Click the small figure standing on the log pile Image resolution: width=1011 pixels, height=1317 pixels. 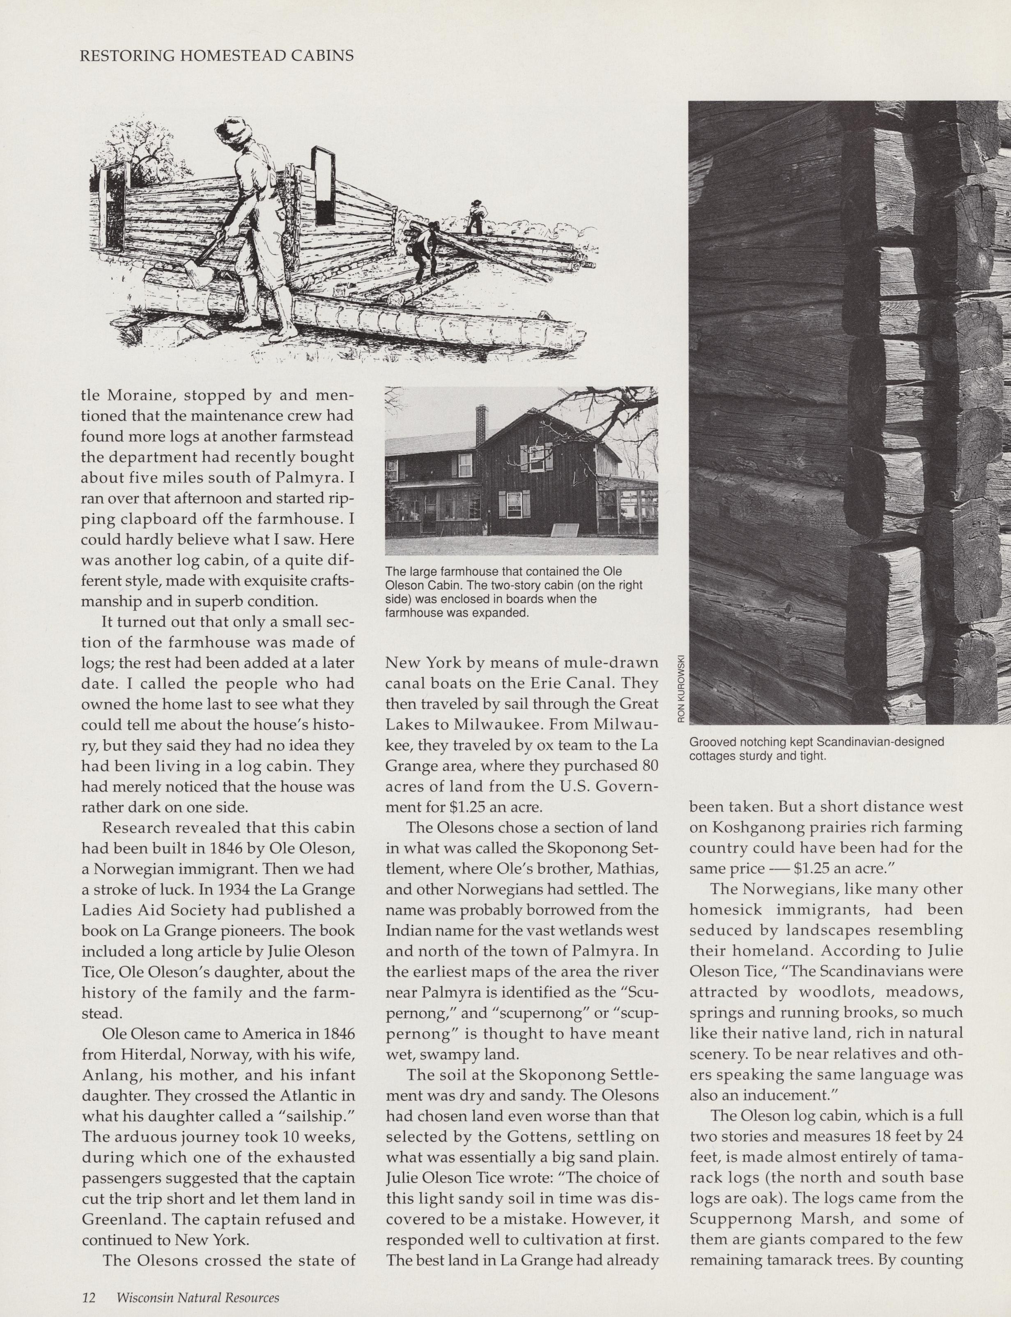[x=476, y=216]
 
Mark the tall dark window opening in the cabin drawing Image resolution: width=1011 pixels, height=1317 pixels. [x=323, y=186]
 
